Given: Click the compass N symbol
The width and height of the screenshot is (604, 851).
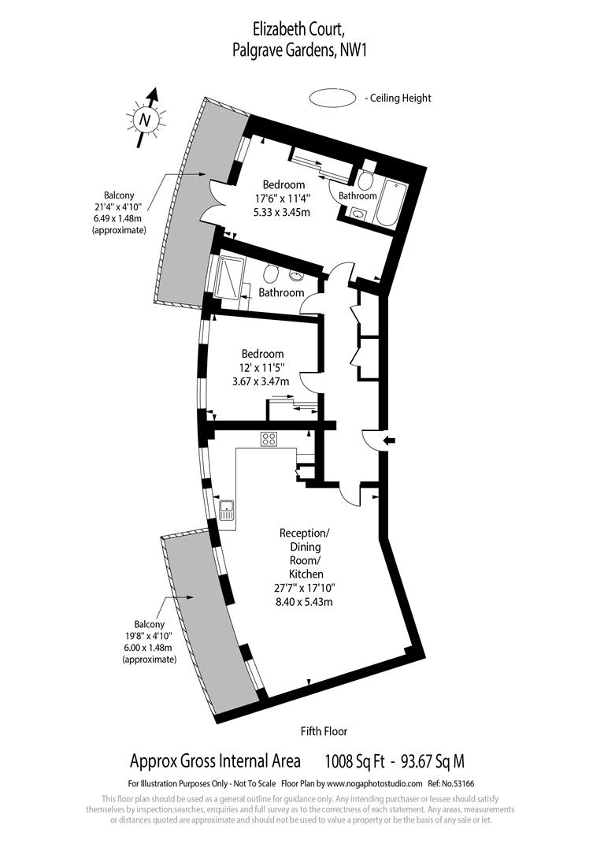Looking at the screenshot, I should pos(144,120).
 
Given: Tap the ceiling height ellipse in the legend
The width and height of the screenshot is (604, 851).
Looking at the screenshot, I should pos(331,98).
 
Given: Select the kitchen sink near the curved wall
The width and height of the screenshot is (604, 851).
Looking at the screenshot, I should pos(226,513).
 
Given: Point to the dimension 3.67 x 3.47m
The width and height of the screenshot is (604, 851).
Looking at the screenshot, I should pos(260,381).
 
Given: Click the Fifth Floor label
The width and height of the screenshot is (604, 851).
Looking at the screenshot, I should pos(324,731).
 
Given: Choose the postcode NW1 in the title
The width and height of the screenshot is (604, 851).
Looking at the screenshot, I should pos(354,50).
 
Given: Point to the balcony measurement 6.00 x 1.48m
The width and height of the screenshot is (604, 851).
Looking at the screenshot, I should pos(149,648).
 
